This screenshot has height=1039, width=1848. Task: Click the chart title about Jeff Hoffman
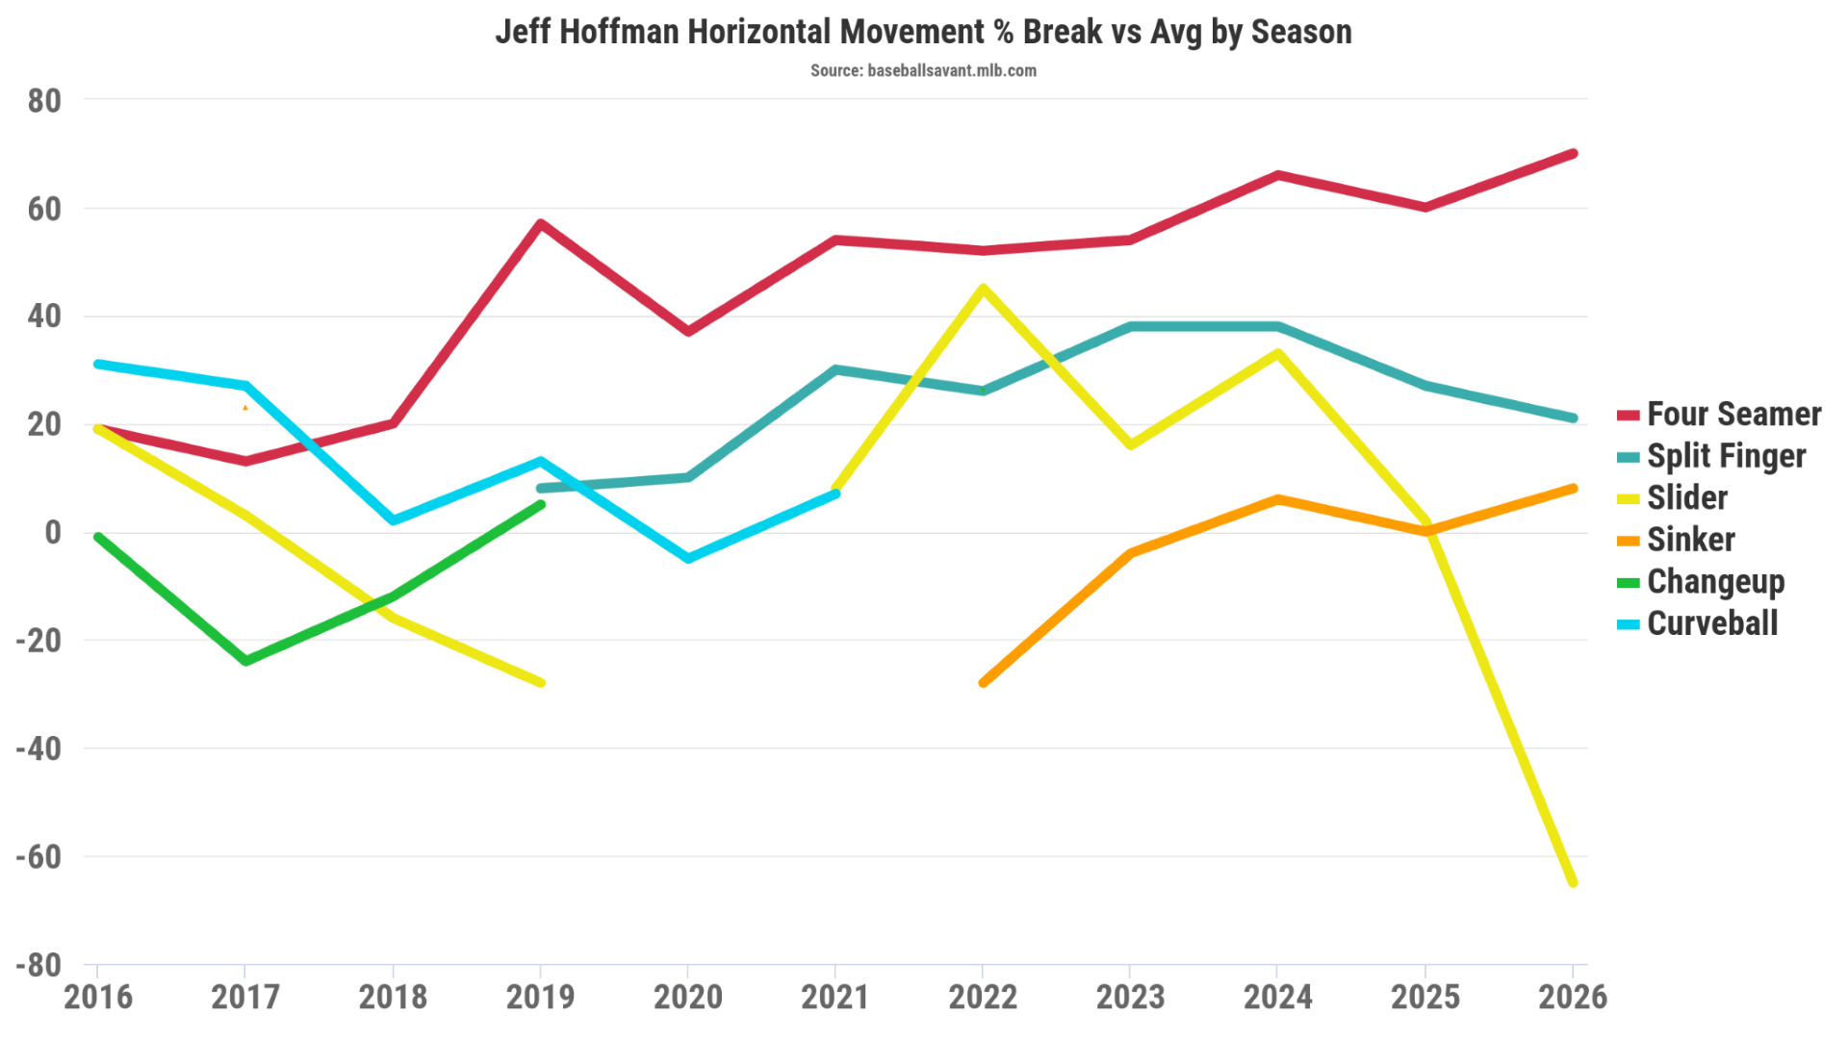(923, 32)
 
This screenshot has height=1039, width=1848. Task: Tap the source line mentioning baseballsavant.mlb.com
(923, 70)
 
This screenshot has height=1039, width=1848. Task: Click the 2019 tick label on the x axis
(540, 997)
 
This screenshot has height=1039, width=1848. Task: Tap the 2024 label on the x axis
(1277, 997)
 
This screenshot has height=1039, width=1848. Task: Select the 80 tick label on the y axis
(44, 100)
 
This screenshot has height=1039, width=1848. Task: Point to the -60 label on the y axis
(38, 856)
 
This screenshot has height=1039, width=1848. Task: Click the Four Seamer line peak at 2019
(541, 224)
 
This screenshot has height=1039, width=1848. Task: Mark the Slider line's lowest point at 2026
(1573, 882)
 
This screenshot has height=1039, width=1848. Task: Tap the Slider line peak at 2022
(983, 289)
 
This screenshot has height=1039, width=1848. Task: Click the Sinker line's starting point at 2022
(983, 682)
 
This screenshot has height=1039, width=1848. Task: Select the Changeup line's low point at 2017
(245, 661)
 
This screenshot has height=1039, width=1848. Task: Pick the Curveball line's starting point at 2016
(98, 364)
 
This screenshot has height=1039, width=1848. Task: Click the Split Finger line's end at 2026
(1573, 418)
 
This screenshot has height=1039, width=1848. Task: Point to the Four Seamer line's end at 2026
(1573, 154)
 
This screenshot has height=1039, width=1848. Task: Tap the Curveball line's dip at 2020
(688, 558)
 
